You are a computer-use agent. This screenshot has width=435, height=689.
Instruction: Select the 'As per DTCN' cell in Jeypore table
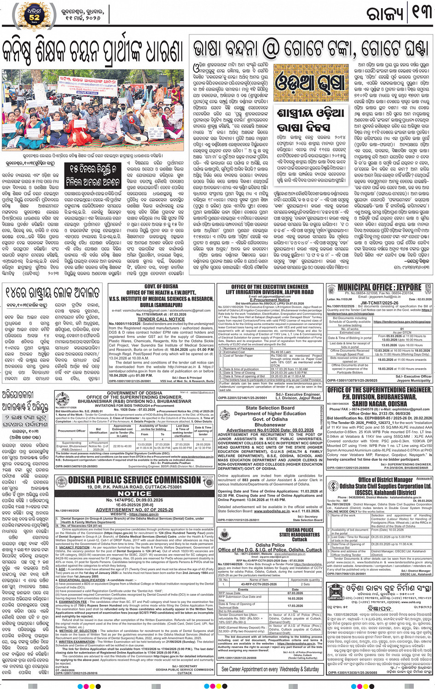[x=402, y=332]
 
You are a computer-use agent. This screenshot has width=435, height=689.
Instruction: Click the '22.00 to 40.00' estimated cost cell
[x=122, y=446]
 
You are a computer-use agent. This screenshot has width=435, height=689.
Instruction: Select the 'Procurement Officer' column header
[x=71, y=431]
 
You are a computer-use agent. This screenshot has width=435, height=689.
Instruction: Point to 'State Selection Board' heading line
[x=270, y=408]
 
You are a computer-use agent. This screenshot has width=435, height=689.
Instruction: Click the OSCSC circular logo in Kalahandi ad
[x=333, y=486]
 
